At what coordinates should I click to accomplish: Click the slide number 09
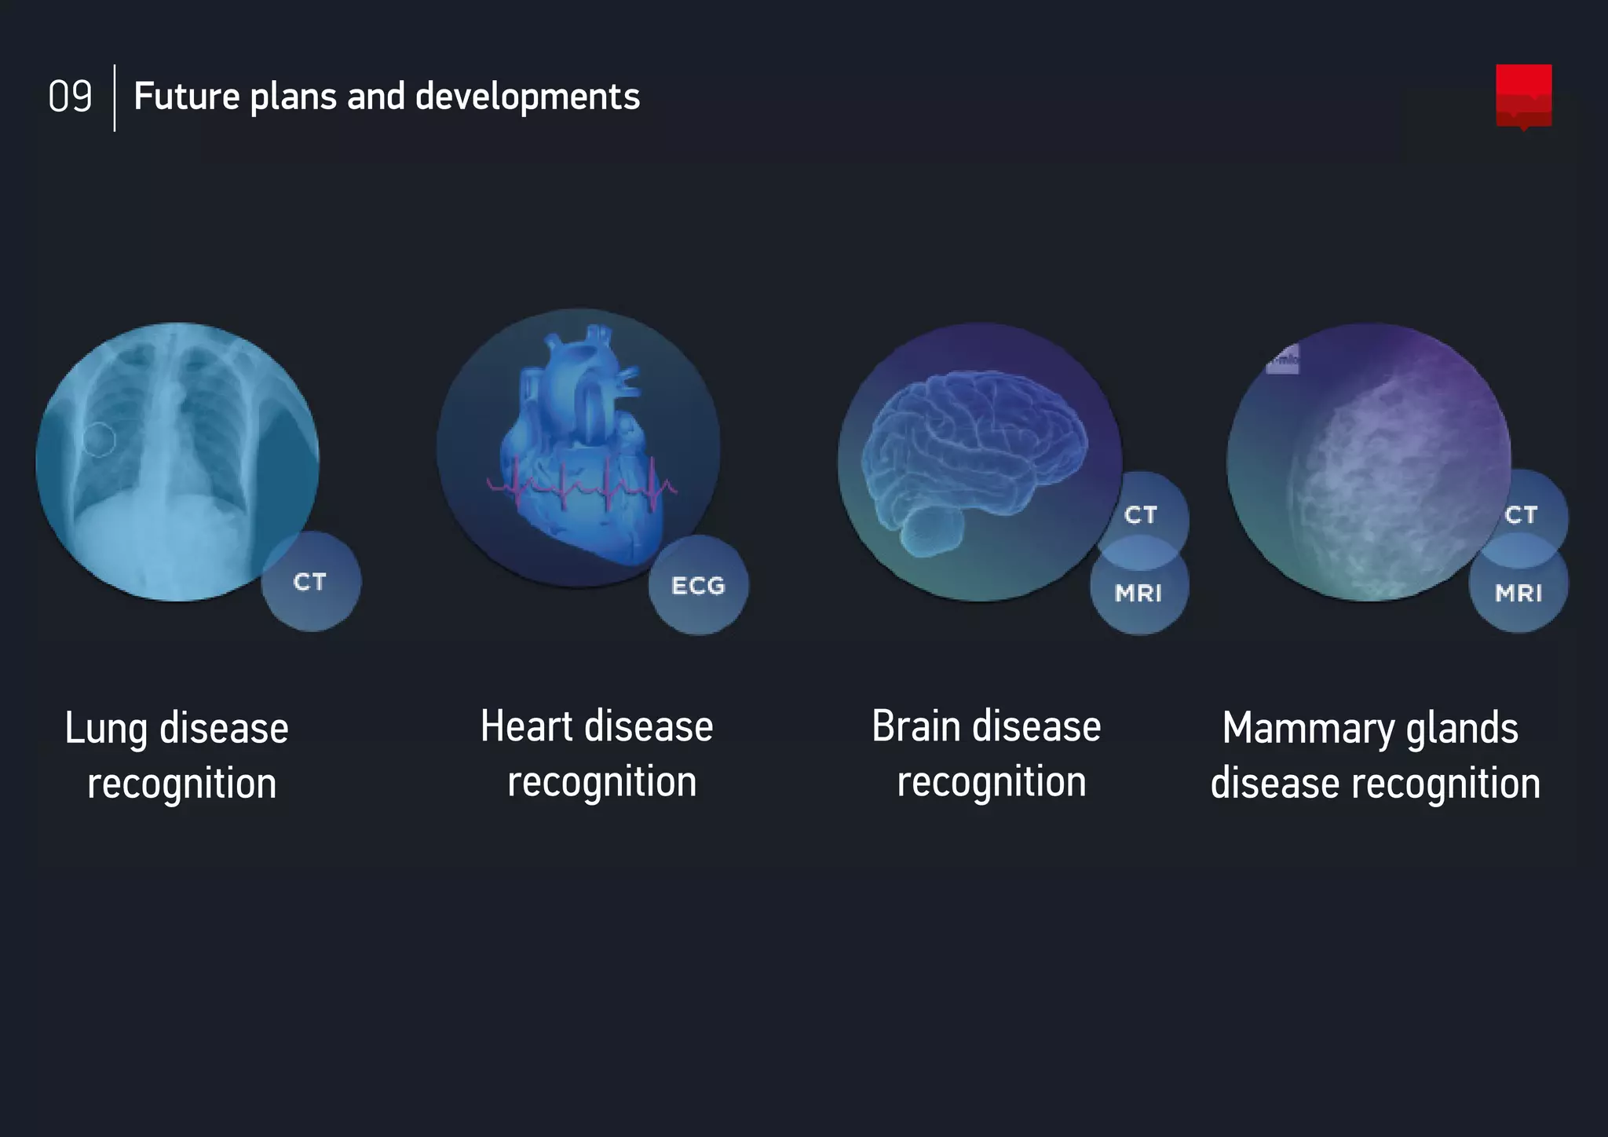(x=70, y=97)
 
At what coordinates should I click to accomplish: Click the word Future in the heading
(x=186, y=97)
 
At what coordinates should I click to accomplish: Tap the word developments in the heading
(x=527, y=97)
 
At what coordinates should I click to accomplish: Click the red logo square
(x=1523, y=95)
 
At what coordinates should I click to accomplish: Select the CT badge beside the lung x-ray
(x=310, y=582)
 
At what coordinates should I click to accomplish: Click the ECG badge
(x=698, y=586)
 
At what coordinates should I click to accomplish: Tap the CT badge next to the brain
(x=1141, y=514)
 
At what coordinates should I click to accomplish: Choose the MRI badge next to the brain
(x=1138, y=593)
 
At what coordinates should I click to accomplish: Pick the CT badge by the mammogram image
(x=1521, y=514)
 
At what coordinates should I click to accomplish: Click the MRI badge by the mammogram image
(x=1518, y=593)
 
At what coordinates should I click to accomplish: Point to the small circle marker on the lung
(x=99, y=439)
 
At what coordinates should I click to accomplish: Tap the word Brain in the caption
(x=915, y=726)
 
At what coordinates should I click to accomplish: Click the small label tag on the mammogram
(x=1282, y=360)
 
